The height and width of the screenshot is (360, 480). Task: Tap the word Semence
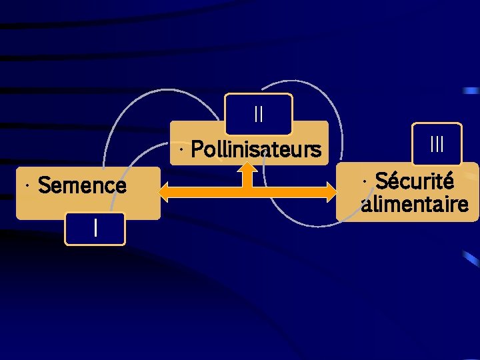click(x=82, y=185)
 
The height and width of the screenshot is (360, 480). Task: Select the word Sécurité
click(x=415, y=181)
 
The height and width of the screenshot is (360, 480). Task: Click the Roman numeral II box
click(x=259, y=114)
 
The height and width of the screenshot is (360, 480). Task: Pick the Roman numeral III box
click(x=437, y=143)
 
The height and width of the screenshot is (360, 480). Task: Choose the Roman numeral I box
click(x=95, y=229)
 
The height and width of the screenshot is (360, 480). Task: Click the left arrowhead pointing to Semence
click(x=164, y=192)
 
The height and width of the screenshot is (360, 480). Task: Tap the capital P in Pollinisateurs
click(x=197, y=149)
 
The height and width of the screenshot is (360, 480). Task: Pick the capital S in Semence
click(x=45, y=185)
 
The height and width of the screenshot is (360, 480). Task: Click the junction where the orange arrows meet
click(x=247, y=192)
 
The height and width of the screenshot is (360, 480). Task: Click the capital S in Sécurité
click(x=382, y=181)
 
